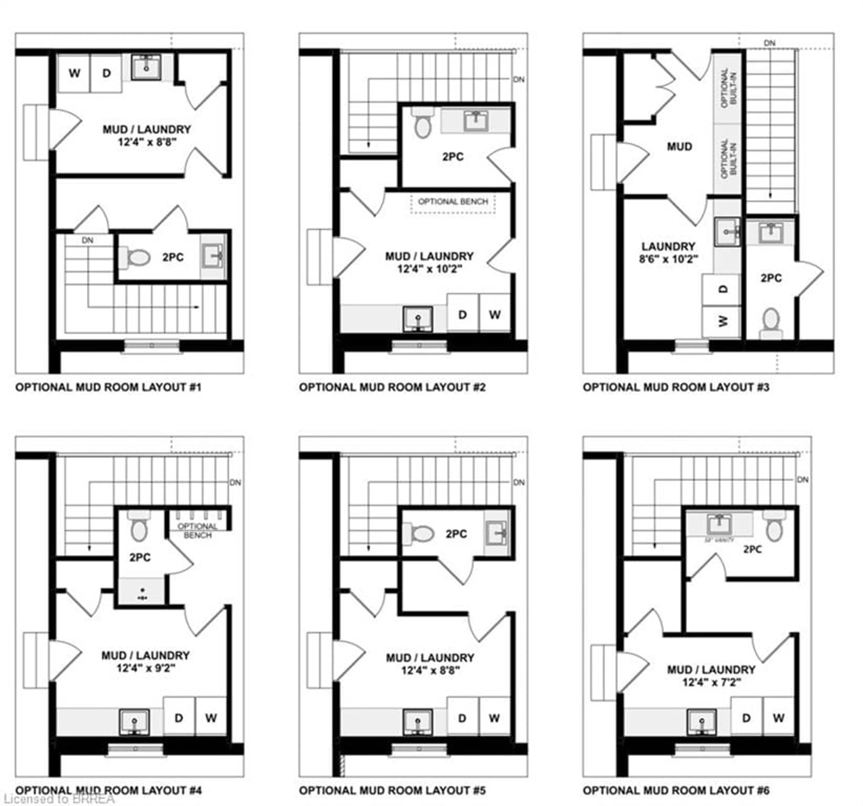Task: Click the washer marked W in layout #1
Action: (74, 73)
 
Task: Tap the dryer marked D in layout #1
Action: (106, 73)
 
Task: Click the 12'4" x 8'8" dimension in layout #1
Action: (147, 142)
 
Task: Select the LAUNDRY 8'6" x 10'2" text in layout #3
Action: (668, 253)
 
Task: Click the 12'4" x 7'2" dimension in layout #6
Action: (711, 682)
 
